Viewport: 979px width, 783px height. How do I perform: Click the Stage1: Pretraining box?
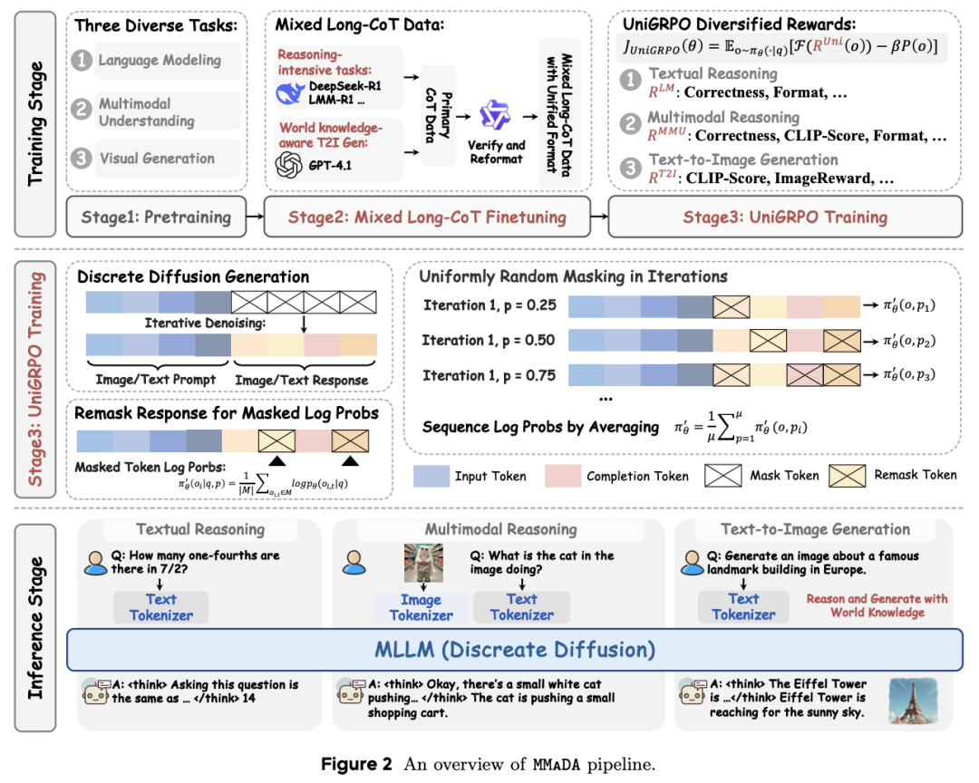[156, 217]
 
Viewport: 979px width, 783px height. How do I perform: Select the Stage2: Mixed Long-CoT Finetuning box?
[427, 217]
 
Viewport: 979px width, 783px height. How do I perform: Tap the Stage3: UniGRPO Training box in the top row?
[785, 217]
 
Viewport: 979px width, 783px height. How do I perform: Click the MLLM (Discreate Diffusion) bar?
[515, 650]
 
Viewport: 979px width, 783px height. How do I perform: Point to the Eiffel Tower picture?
[913, 701]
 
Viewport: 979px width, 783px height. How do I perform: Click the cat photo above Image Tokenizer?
[423, 563]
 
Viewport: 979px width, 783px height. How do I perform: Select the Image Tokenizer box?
[421, 607]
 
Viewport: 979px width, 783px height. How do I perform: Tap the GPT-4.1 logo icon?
[289, 166]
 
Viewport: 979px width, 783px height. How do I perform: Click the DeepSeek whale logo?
[290, 93]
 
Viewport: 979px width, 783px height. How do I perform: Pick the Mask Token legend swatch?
[723, 476]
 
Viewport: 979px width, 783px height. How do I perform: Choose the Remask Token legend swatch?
[848, 476]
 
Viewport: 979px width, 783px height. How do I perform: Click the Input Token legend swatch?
[431, 476]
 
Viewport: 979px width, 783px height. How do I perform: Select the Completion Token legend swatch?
[563, 476]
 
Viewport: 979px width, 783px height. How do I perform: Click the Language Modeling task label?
[160, 61]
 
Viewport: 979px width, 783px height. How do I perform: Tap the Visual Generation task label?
[158, 159]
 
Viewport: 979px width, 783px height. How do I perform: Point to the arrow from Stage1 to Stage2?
[256, 217]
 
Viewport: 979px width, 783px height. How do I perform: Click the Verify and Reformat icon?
[495, 115]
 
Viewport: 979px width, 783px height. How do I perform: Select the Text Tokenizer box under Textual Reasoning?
[161, 607]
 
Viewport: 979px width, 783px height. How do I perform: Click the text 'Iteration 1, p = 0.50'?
[489, 341]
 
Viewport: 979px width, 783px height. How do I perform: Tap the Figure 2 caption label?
[356, 764]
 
